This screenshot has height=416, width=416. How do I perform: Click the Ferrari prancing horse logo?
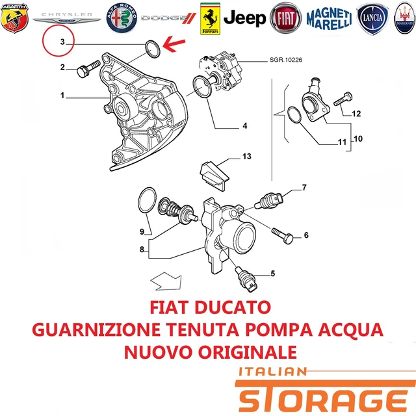click(x=210, y=19)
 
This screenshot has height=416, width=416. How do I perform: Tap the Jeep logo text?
click(x=244, y=18)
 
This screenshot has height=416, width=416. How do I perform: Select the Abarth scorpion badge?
click(x=14, y=18)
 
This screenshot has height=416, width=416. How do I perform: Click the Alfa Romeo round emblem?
click(x=122, y=18)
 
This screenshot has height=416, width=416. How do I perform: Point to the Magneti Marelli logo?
click(x=329, y=19)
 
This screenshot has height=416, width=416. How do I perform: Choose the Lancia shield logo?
click(x=372, y=19)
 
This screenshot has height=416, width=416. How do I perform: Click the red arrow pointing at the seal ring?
click(x=174, y=44)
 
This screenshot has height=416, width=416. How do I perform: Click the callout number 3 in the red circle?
click(x=62, y=42)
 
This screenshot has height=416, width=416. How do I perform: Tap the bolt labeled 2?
click(x=88, y=68)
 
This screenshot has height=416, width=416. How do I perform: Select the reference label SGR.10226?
click(x=286, y=60)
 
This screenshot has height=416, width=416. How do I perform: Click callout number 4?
click(x=245, y=125)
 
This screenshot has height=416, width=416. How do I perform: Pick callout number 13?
click(x=247, y=156)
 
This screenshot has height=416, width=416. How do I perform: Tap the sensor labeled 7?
click(x=268, y=201)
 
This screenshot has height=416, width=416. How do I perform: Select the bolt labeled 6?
click(x=282, y=235)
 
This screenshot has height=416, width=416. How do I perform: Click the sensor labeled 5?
click(x=246, y=279)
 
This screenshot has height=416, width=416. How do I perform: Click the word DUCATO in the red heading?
click(x=233, y=307)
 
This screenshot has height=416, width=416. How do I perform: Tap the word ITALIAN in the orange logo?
click(x=273, y=371)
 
